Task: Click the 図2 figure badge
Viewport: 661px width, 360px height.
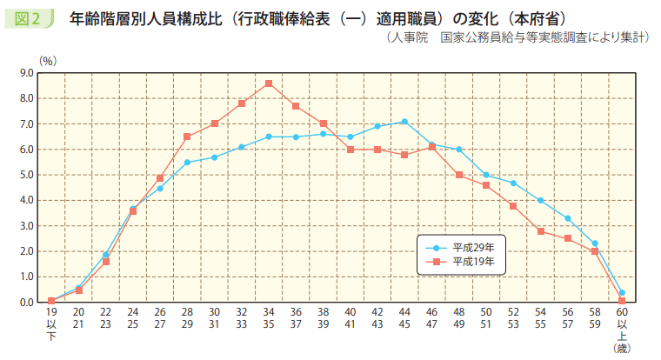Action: (x=29, y=17)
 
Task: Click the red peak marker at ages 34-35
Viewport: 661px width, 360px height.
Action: (x=269, y=83)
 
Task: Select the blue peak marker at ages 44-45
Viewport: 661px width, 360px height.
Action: (x=404, y=122)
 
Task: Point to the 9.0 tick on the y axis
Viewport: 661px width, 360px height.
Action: (x=25, y=73)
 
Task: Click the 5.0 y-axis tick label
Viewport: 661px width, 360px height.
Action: (x=25, y=175)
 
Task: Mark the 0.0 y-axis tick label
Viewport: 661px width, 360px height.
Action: (x=25, y=302)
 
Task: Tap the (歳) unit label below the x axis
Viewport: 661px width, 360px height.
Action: (x=621, y=348)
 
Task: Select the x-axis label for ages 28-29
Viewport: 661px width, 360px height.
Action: (x=187, y=317)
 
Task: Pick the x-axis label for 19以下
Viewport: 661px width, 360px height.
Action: (x=51, y=323)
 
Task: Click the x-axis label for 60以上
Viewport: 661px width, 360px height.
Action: (x=621, y=323)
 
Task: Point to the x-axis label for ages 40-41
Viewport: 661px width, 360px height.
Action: (x=350, y=317)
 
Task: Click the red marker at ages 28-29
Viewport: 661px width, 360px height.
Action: (x=187, y=137)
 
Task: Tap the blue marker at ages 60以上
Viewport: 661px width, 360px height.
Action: (x=622, y=293)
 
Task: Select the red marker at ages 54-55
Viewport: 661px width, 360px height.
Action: (x=540, y=231)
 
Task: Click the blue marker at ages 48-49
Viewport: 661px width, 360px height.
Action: (x=458, y=150)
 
